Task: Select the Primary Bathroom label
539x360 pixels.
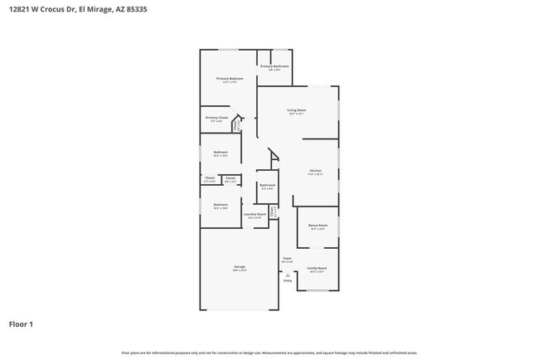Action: (x=274, y=66)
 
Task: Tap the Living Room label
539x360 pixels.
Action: (x=297, y=110)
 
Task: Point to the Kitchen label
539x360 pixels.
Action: (x=315, y=172)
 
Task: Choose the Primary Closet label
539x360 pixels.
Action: (x=216, y=119)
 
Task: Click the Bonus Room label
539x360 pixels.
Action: (x=318, y=226)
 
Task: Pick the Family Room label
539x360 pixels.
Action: (x=317, y=268)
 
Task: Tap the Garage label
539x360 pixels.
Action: (x=239, y=267)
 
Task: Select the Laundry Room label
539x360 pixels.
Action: (x=255, y=215)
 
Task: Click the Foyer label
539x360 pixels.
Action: (x=287, y=259)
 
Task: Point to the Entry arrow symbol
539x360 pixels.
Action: (x=287, y=275)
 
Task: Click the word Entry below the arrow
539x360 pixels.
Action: (x=287, y=280)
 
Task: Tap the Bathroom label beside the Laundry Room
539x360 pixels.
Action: (x=267, y=185)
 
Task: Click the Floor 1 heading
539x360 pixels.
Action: (x=21, y=324)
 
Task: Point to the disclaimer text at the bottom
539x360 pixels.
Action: (x=269, y=353)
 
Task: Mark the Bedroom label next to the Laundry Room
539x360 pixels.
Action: (x=220, y=205)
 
